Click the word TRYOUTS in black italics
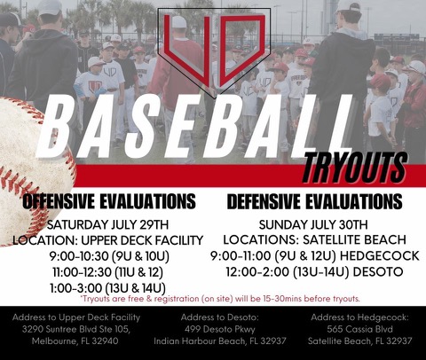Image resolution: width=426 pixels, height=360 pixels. (x=354, y=168)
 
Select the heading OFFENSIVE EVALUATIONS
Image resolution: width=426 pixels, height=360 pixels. (x=109, y=201)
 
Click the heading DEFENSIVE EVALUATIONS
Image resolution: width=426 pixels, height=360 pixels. (x=314, y=201)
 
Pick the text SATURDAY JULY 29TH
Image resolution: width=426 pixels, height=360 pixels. (x=107, y=224)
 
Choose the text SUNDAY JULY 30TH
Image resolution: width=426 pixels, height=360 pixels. (x=313, y=224)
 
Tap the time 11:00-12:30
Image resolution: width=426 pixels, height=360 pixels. (x=82, y=272)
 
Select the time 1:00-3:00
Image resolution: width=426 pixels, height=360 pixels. (x=75, y=287)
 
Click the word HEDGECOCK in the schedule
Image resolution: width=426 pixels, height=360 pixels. (x=379, y=255)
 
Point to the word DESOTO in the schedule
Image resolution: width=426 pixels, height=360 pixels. (x=378, y=271)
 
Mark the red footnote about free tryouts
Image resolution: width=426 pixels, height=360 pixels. (x=220, y=299)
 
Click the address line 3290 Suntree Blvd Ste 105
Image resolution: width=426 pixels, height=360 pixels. (x=76, y=329)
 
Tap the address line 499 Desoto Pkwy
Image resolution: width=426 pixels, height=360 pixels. (x=220, y=329)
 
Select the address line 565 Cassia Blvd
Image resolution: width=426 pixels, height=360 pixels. (x=359, y=329)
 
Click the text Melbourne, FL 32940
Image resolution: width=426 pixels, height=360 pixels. (x=75, y=340)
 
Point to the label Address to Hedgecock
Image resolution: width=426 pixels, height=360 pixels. (x=359, y=317)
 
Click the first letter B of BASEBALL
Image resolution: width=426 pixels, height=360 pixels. (x=56, y=127)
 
